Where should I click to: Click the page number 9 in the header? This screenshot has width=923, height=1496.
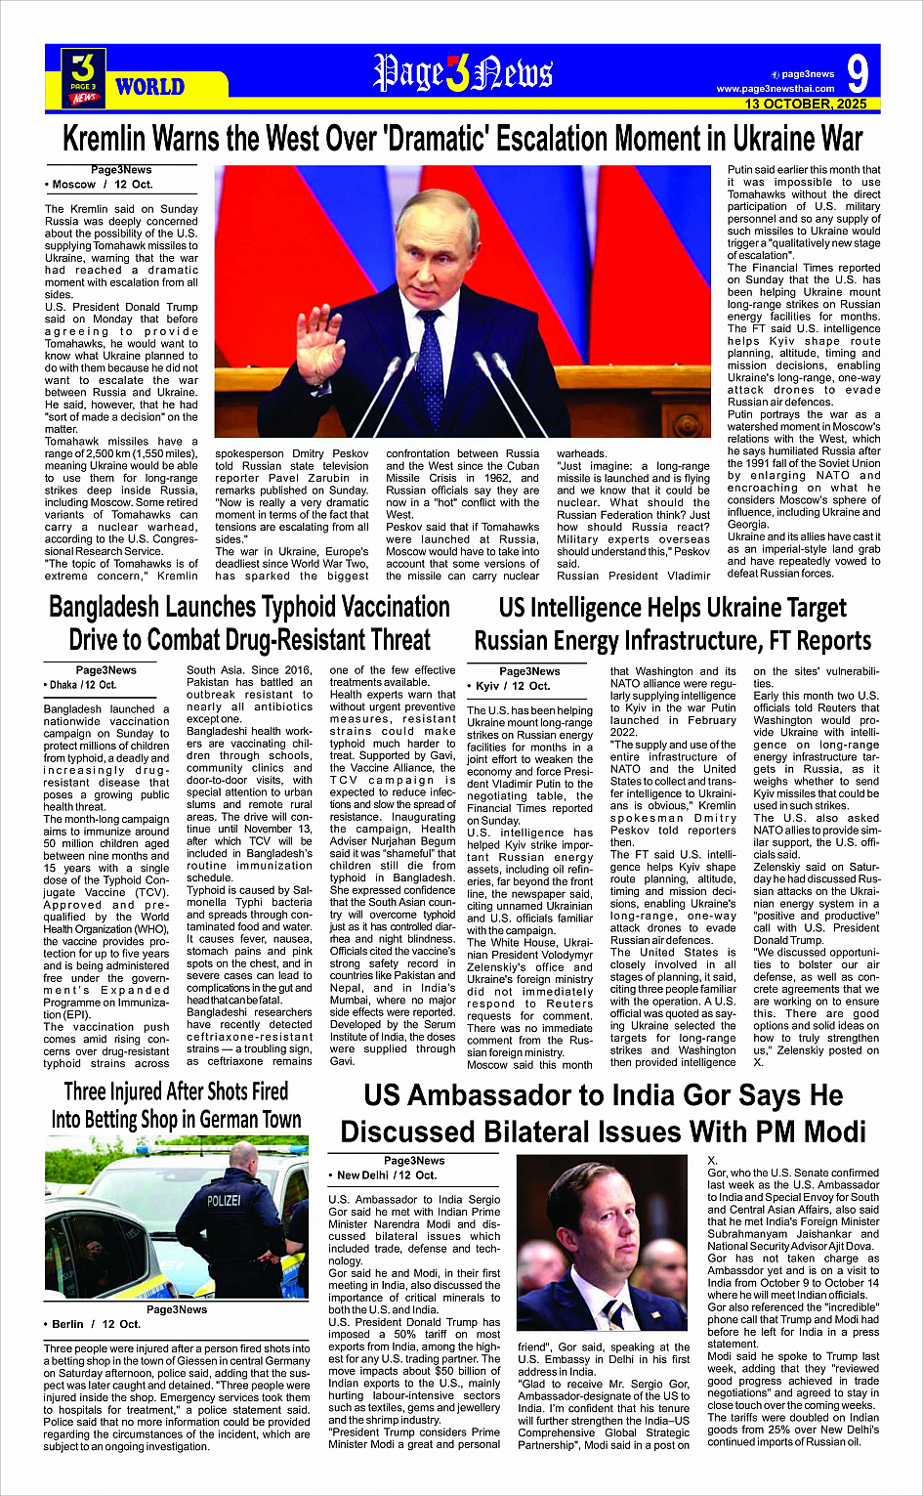tap(857, 74)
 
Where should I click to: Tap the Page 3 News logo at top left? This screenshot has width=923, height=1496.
tap(83, 77)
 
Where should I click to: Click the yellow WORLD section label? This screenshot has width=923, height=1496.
tap(149, 87)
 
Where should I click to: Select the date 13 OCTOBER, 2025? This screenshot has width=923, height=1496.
tap(805, 104)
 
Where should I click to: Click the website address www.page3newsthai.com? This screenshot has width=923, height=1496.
tap(776, 89)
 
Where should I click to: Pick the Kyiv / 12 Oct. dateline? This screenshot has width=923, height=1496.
tap(512, 686)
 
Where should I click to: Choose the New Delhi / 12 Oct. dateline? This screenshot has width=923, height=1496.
tap(387, 1175)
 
